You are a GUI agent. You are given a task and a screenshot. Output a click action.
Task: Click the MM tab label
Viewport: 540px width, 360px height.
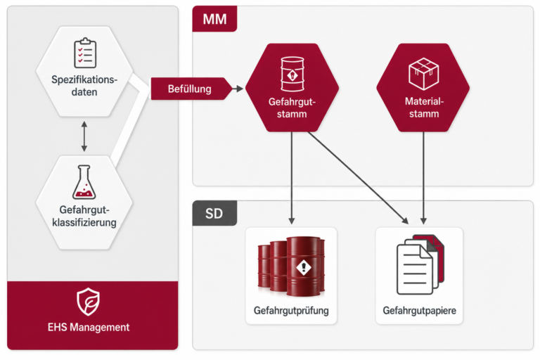(x=214, y=19)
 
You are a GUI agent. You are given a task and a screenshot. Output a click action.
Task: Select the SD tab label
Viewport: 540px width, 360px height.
(x=214, y=214)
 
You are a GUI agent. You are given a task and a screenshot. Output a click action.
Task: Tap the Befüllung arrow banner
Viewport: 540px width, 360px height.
(x=191, y=89)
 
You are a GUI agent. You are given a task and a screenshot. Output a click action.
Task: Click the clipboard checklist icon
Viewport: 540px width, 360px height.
(x=85, y=53)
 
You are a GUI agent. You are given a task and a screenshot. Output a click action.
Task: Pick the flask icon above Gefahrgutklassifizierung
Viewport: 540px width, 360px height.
(x=84, y=182)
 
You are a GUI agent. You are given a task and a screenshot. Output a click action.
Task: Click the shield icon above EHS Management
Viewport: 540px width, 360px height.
(x=88, y=302)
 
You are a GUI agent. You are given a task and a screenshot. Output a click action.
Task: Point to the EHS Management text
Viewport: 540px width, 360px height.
(x=89, y=327)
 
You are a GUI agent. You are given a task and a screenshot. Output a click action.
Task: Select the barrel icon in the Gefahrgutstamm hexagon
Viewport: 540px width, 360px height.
(x=292, y=74)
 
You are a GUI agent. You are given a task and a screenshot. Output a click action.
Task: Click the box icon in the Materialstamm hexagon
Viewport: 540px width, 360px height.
(x=423, y=74)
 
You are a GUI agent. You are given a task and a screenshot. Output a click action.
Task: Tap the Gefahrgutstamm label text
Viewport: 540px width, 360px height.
(x=292, y=108)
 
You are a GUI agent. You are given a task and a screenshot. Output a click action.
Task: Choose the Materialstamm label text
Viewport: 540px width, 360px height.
(x=424, y=108)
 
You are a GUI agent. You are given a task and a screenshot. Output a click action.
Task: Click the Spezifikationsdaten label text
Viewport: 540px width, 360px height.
(x=84, y=86)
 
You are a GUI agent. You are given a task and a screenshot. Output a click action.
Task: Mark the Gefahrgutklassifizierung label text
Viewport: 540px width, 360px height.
(x=84, y=216)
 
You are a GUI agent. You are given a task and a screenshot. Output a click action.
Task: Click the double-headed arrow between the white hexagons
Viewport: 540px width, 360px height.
(x=84, y=136)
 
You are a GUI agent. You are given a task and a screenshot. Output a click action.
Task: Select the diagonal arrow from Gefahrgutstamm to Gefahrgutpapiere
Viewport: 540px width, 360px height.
(x=358, y=178)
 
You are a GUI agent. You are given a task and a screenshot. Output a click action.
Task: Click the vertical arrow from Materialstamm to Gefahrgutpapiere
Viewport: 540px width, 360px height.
(x=423, y=178)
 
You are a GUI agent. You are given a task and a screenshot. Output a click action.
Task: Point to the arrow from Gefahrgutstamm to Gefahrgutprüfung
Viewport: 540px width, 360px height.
(x=292, y=178)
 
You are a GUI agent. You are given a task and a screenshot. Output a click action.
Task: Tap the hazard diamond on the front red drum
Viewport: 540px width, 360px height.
(x=304, y=266)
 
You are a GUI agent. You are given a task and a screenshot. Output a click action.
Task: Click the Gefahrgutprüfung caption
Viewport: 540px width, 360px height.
(x=291, y=311)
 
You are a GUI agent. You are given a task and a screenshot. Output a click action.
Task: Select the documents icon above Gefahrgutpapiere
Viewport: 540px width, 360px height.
(x=420, y=264)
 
